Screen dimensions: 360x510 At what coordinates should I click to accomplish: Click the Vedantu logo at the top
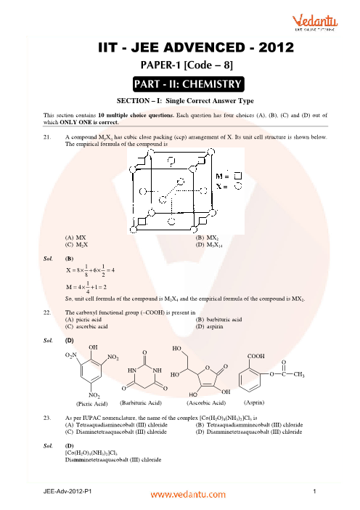(314, 23)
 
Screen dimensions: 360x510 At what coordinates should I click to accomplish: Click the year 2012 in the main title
(277, 48)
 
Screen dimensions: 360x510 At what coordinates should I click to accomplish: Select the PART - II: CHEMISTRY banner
(188, 84)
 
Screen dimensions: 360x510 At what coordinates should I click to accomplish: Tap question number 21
(47, 137)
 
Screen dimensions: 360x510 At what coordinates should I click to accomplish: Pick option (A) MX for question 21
(75, 238)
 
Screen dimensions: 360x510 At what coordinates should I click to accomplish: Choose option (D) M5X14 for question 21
(209, 245)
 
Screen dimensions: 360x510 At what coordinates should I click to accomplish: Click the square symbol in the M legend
(238, 176)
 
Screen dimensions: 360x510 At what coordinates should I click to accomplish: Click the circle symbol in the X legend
(239, 187)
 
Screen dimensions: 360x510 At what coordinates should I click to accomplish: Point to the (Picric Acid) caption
(92, 404)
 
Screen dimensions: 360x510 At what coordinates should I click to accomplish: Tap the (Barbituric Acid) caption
(141, 403)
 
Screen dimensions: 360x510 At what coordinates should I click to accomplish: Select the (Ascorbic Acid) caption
(206, 403)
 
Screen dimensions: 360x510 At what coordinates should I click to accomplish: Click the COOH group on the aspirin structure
(256, 356)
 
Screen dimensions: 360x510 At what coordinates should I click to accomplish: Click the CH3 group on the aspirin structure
(299, 374)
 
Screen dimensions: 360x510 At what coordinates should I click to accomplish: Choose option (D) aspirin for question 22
(210, 326)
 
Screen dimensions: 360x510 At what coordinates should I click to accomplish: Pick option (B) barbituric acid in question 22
(218, 320)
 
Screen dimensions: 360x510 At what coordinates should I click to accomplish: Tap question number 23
(47, 418)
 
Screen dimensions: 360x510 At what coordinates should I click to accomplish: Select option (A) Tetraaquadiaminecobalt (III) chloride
(116, 425)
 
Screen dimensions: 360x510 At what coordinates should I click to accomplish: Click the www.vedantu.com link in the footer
(188, 495)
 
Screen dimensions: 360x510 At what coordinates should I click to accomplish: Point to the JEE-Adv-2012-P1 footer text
(67, 491)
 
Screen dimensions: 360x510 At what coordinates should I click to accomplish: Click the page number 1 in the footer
(314, 491)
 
